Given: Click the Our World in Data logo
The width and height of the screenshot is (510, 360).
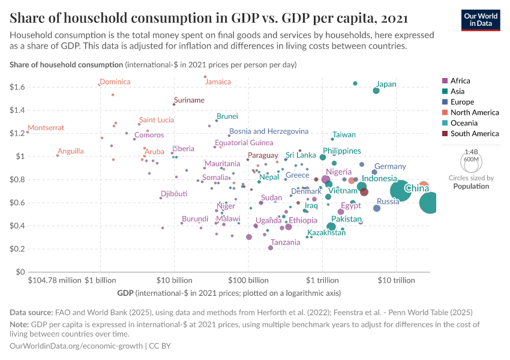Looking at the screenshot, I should (x=481, y=19).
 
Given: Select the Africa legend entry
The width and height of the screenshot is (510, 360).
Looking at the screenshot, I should (x=460, y=80).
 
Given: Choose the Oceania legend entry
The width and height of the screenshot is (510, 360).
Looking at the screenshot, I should (x=464, y=123).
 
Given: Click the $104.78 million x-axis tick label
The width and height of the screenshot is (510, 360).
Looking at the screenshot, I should (x=55, y=280).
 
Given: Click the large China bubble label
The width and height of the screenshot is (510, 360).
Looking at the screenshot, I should (x=416, y=189).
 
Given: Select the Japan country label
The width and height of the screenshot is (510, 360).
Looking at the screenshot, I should (x=386, y=84).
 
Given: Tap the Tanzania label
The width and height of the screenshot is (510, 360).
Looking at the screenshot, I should (x=285, y=242).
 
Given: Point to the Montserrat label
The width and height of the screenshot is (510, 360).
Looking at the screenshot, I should (x=46, y=128).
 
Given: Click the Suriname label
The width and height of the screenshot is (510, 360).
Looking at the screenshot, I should (x=189, y=100).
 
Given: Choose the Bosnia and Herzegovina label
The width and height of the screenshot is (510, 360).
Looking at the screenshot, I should (x=269, y=131).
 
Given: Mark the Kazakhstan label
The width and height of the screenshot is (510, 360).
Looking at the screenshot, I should (x=326, y=232).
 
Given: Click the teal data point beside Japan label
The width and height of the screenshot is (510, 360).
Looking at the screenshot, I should (x=376, y=91).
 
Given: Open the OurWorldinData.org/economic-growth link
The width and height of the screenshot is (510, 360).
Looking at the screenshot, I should (x=76, y=346).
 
